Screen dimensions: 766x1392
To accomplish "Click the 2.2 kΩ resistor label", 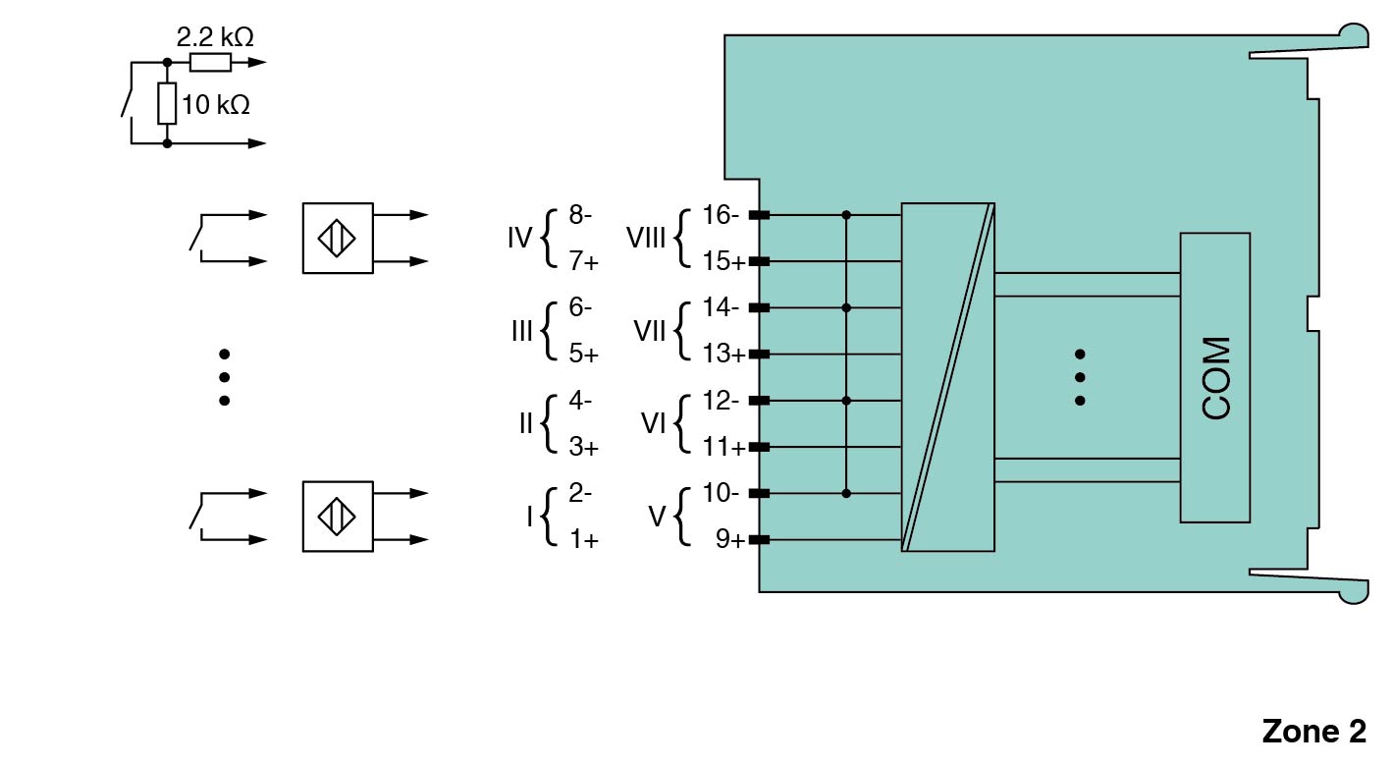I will point(214,37).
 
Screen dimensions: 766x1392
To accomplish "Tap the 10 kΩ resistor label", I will point(216,105).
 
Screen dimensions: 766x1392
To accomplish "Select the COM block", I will point(1215,378).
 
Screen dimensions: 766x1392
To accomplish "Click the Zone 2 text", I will point(1313,732).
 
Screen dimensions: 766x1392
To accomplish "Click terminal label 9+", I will point(729,540).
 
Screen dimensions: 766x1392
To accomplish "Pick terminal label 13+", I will point(723,355).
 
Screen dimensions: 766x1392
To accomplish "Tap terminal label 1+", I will point(583,540).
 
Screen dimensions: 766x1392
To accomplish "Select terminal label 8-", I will point(580,215).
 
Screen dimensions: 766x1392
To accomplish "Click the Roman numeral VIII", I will point(646,238).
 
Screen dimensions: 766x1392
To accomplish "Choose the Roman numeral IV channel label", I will point(519,238).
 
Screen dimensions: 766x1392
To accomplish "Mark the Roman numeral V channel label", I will point(658,517).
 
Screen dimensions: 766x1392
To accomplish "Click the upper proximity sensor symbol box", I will point(338,238).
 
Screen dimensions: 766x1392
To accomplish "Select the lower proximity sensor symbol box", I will point(338,517).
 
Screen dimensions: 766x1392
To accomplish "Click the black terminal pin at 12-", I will point(759,401).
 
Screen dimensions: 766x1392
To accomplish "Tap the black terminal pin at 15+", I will point(759,261).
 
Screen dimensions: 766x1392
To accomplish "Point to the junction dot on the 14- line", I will point(846,307).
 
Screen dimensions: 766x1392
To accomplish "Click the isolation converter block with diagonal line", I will point(947,377).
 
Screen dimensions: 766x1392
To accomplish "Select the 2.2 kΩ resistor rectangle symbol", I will point(210,63).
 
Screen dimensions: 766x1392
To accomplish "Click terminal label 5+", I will point(583,355).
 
